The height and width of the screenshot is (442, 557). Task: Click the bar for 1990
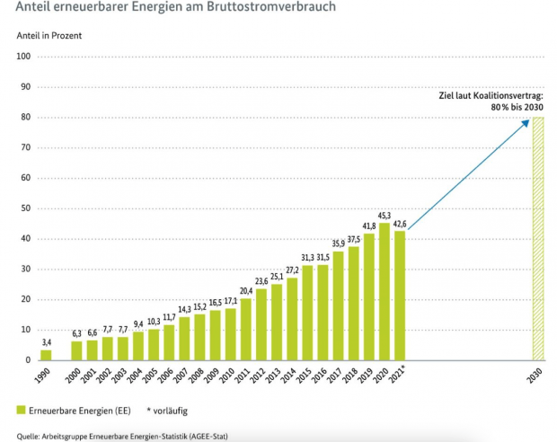click(x=46, y=355)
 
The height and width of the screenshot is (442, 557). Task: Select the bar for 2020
click(x=385, y=291)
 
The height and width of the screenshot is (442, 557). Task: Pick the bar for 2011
click(x=246, y=329)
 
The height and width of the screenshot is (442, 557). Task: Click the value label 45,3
click(x=385, y=215)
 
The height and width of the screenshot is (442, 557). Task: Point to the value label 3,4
click(x=46, y=342)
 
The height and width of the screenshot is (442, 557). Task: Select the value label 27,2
click(x=292, y=270)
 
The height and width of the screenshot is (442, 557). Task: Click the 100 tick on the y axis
click(x=24, y=57)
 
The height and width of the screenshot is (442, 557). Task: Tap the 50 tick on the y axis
click(x=26, y=208)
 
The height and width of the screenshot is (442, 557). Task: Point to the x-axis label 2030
click(x=537, y=376)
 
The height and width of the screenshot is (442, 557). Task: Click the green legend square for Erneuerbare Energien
click(x=21, y=410)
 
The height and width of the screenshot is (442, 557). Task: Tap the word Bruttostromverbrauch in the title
click(x=248, y=9)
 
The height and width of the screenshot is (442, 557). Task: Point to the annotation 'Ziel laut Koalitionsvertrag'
click(x=490, y=94)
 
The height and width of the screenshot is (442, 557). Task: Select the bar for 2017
click(x=339, y=305)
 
